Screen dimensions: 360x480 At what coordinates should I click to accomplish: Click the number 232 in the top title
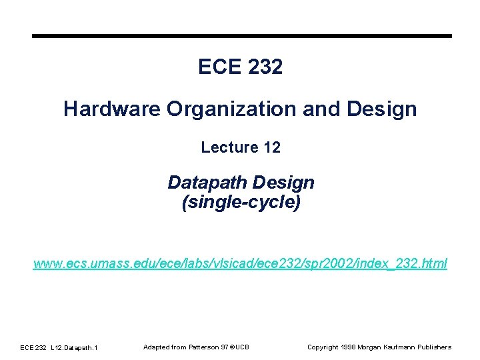tap(265, 67)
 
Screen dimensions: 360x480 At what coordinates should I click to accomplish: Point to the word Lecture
tap(229, 147)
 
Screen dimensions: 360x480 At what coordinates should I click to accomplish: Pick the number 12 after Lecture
tap(272, 147)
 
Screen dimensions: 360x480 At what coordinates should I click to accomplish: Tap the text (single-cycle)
tap(241, 203)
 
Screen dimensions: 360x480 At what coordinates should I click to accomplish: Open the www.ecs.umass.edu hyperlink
tap(241, 264)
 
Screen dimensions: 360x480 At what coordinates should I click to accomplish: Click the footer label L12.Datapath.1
tap(74, 347)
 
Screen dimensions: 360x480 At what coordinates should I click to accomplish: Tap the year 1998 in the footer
tap(349, 347)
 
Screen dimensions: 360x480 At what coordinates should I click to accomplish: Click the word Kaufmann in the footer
tap(402, 347)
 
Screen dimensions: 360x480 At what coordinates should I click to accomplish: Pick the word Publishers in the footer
tap(435, 347)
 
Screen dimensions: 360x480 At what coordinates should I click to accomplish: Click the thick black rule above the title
tap(241, 36)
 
